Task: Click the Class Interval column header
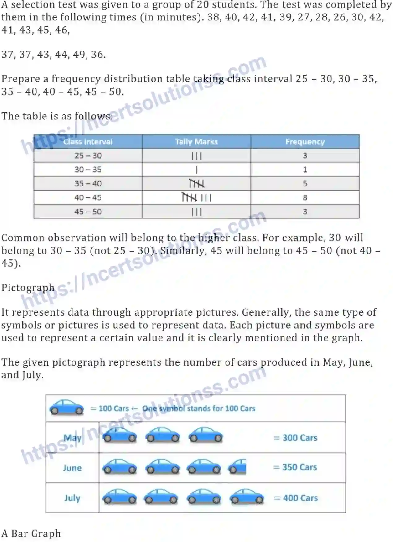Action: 88,142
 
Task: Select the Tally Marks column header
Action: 196,142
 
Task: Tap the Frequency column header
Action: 305,142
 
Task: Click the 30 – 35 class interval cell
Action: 88,170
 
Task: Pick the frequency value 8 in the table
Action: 305,197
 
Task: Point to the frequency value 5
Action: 305,183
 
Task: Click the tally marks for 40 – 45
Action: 196,197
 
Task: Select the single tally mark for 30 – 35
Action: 196,170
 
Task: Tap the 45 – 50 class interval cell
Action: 88,212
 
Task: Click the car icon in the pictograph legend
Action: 67,407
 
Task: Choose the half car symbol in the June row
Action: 237,467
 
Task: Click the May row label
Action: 72,438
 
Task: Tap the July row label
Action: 72,498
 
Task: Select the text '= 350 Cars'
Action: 295,467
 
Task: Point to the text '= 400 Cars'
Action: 296,498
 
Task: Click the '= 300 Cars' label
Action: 296,438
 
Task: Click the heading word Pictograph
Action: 28,288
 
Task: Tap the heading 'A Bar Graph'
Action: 31,533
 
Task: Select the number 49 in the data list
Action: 79,55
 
